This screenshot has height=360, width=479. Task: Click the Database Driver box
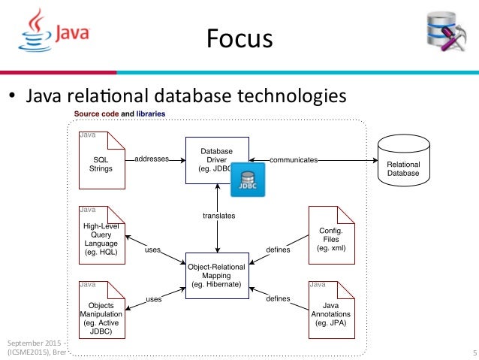coord(216,159)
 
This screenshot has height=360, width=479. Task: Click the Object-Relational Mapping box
coord(216,276)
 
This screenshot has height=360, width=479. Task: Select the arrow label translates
coord(218,216)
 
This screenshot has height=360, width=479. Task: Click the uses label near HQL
coord(152,249)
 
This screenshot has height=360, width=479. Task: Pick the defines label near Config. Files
coord(279,249)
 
